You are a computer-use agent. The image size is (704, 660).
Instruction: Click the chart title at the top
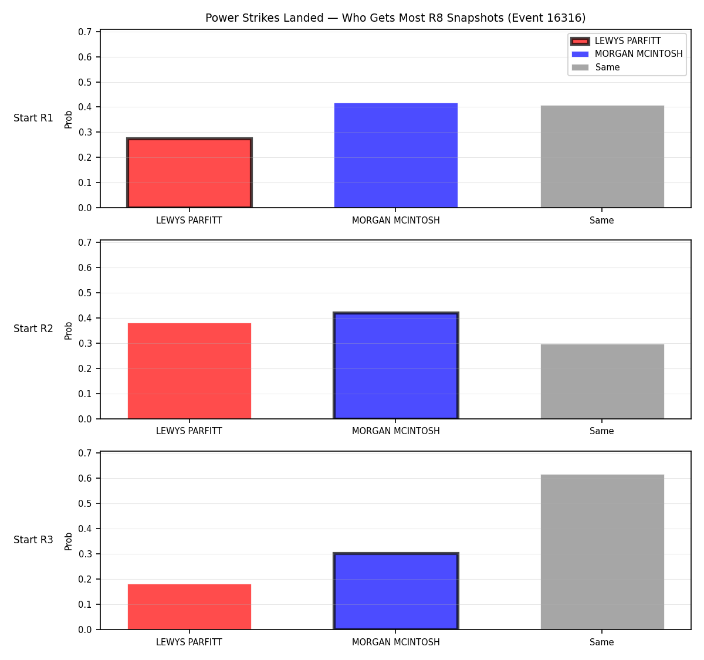(395, 18)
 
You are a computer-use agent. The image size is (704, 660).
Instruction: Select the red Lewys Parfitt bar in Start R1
(189, 172)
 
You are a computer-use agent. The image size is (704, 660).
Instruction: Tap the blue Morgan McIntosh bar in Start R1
(395, 155)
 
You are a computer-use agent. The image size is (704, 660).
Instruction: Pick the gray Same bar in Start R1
(602, 157)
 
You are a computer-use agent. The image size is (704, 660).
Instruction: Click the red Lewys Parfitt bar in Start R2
(189, 371)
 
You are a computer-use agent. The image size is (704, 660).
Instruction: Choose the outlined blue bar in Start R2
(395, 365)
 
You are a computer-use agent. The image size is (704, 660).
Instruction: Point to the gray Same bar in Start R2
(602, 381)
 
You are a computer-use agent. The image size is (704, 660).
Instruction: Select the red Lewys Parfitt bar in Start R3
(189, 607)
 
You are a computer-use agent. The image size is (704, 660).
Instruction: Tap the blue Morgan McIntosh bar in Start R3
(395, 591)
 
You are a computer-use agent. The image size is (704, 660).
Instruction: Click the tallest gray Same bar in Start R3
(602, 552)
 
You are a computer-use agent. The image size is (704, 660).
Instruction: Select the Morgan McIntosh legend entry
(627, 54)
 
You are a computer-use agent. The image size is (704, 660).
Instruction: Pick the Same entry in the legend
(595, 67)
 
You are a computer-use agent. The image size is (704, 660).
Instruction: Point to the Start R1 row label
(33, 118)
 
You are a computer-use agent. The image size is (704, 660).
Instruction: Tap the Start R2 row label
(33, 329)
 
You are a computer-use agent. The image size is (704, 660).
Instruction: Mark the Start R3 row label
(33, 539)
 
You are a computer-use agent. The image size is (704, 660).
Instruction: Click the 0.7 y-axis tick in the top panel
(84, 32)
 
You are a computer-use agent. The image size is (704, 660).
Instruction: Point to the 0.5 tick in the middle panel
(84, 293)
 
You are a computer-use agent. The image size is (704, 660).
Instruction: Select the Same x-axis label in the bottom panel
(601, 642)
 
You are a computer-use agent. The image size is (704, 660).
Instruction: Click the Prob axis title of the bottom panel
(69, 541)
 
